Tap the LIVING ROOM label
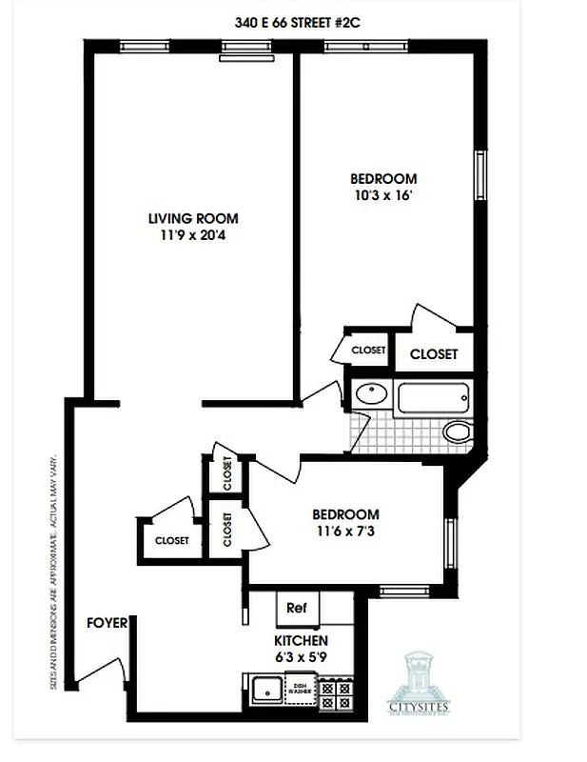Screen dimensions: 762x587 [193, 218]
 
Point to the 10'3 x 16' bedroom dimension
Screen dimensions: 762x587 [383, 195]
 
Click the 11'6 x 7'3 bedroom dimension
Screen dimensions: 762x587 [346, 531]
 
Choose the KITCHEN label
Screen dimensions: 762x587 [302, 640]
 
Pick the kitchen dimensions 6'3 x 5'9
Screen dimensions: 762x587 [302, 656]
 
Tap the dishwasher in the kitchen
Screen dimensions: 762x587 [300, 690]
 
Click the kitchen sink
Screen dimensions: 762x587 [265, 690]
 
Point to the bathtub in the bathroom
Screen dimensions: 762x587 [433, 397]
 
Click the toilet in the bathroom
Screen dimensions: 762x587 [459, 432]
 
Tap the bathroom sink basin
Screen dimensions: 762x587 [369, 392]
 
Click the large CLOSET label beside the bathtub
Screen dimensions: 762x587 [433, 354]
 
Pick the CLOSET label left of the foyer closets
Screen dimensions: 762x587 [171, 540]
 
